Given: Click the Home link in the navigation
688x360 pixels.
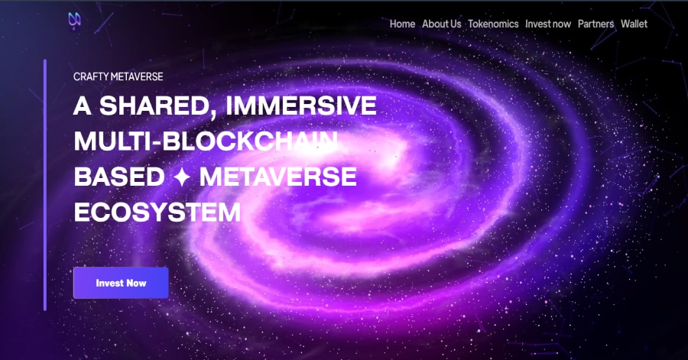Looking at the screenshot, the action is click(x=402, y=24).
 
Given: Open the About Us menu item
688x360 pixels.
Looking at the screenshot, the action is click(x=441, y=24).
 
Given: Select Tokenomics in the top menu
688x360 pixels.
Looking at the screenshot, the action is click(x=493, y=24).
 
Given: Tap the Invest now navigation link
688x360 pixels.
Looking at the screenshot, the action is click(x=548, y=24).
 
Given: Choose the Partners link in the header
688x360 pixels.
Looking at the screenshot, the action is click(x=596, y=24).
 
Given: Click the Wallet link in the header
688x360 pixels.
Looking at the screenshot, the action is click(x=634, y=24).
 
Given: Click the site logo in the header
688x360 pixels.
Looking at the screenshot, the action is click(x=74, y=21).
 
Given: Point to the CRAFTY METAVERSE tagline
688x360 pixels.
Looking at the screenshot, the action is click(x=118, y=76).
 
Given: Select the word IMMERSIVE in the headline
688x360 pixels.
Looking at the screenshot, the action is click(x=300, y=105).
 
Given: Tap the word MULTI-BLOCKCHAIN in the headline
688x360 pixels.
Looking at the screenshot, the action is click(x=206, y=141).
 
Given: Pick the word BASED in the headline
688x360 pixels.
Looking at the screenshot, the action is click(x=119, y=177).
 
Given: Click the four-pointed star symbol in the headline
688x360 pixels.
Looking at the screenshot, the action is click(x=182, y=177).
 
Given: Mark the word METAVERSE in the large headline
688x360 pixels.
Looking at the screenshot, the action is click(x=277, y=177).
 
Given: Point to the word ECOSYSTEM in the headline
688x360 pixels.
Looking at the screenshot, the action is click(x=157, y=212).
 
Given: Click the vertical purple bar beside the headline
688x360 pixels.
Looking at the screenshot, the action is click(x=45, y=185).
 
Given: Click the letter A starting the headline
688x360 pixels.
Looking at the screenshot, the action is click(x=82, y=105).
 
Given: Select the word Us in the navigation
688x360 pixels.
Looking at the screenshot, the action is click(x=456, y=24).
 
